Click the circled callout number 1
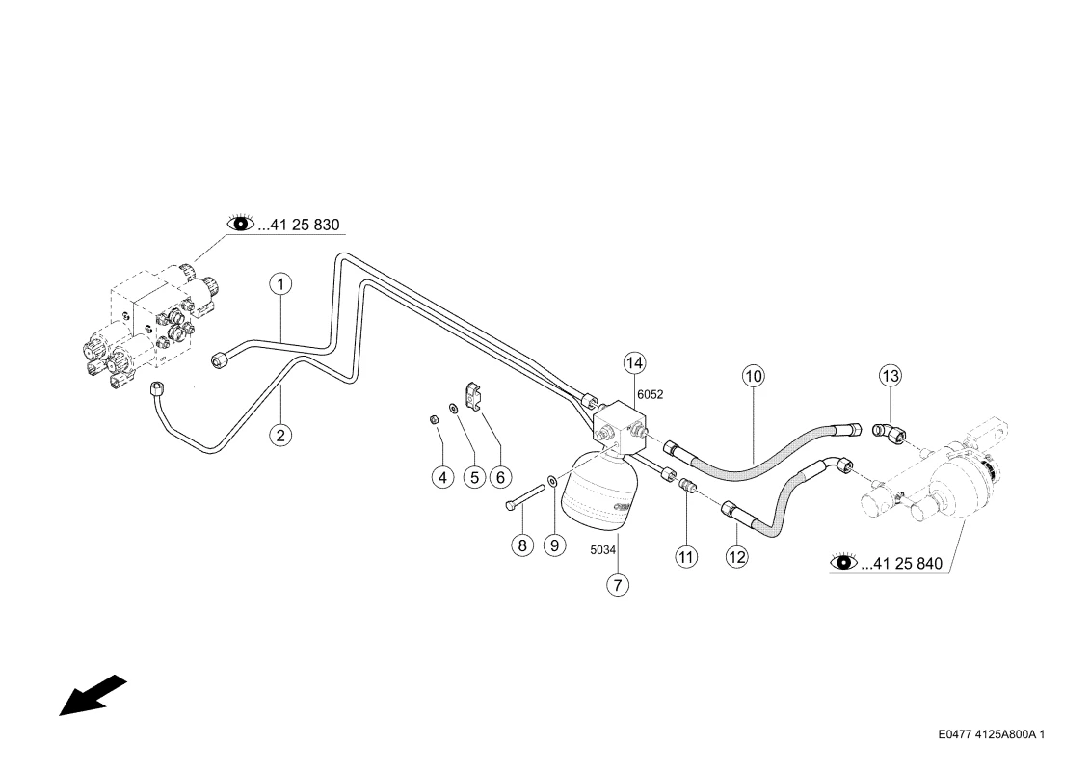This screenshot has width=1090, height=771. click(x=280, y=284)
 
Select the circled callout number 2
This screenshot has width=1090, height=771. click(x=280, y=436)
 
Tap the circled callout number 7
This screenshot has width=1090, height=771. click(x=618, y=585)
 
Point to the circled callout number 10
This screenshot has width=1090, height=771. click(x=754, y=377)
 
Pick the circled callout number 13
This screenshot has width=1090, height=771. click(x=890, y=376)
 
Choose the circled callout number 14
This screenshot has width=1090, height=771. click(x=634, y=363)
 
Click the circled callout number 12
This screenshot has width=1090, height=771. click(x=737, y=556)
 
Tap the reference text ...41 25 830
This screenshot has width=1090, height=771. click(x=299, y=225)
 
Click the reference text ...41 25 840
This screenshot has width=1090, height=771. click(x=902, y=563)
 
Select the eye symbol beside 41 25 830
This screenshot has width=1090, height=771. click(x=241, y=223)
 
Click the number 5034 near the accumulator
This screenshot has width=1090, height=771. click(x=602, y=550)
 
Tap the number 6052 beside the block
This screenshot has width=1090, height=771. click(x=650, y=394)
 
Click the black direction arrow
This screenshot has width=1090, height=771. click(x=93, y=695)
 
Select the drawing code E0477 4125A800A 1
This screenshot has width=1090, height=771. click(x=992, y=734)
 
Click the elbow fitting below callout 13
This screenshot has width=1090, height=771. click(x=890, y=433)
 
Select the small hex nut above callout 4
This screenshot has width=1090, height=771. click(x=433, y=419)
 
